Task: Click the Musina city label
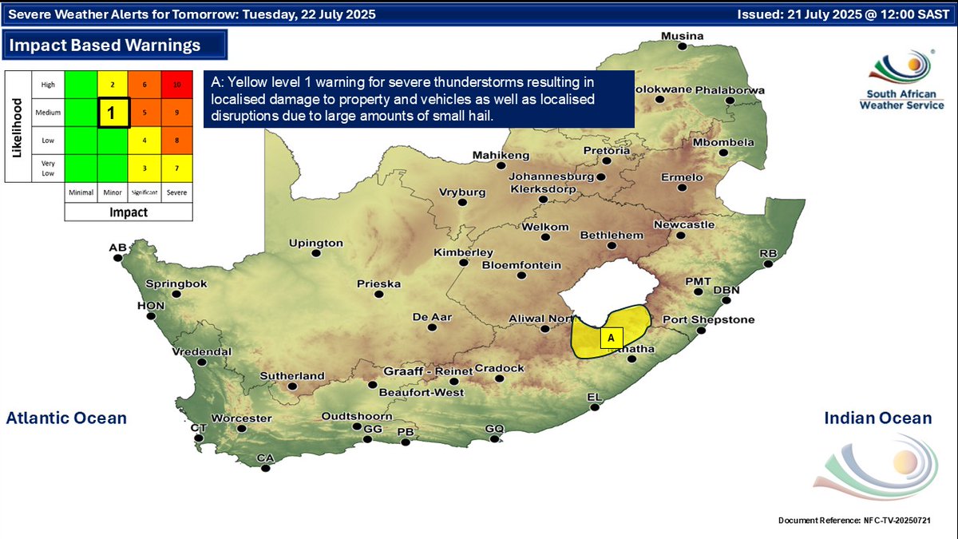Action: [683, 37]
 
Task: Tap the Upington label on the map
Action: [315, 243]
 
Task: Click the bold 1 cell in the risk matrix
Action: [113, 113]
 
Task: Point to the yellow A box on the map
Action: [611, 338]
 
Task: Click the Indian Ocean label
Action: [877, 418]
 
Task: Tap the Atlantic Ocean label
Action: [66, 418]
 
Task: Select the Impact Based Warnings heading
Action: [105, 45]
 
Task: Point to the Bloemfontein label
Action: [521, 265]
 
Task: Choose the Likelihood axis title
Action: [16, 126]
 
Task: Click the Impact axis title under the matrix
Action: [129, 212]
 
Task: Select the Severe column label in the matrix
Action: [177, 192]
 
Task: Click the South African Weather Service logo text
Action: [905, 101]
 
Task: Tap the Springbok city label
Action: [176, 283]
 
